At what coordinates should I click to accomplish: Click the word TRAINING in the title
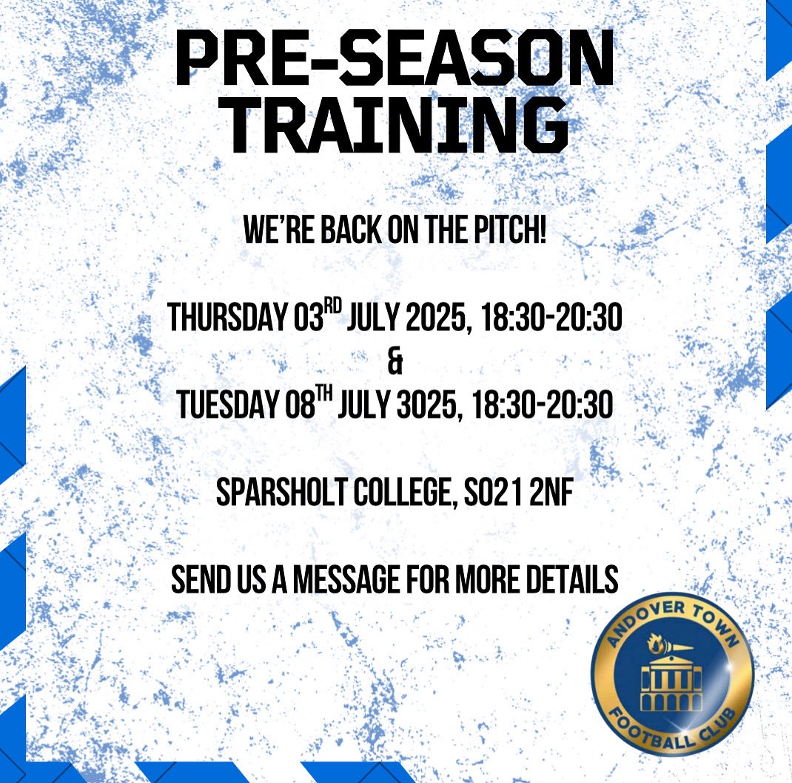tap(395, 130)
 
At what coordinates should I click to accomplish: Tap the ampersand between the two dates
tap(393, 362)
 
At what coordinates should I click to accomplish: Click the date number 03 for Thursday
tap(301, 319)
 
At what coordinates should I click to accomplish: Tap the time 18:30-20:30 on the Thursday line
tap(550, 319)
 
